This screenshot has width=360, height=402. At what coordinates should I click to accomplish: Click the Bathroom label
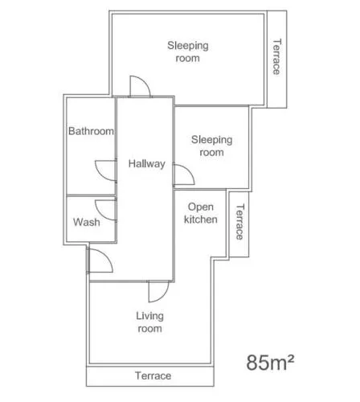coord(91,131)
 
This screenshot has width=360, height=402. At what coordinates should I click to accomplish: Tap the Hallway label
coord(146,164)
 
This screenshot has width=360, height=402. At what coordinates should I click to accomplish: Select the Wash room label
coord(87,222)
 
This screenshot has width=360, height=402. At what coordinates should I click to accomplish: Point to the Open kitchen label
coord(201,213)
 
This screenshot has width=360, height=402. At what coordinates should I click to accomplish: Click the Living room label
coord(149,322)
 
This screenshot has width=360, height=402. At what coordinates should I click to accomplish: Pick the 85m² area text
coord(270,363)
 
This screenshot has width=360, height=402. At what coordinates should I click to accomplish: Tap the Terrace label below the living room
coord(153,375)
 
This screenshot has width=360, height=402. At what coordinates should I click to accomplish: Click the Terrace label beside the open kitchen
coord(239,222)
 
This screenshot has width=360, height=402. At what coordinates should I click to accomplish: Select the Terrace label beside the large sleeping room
coord(277,57)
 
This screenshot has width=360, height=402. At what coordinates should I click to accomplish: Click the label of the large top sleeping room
coord(188,51)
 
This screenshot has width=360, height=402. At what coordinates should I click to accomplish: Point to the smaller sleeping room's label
coord(211,146)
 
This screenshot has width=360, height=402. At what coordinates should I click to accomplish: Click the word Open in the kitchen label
coord(201,207)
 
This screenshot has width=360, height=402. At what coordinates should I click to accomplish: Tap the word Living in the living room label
coord(149,316)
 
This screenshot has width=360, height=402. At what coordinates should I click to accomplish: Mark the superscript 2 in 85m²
coord(291,358)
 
